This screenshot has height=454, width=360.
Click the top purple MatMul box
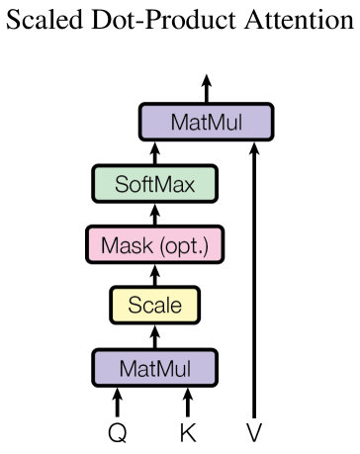coord(205,123)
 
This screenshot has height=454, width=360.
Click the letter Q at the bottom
coord(118,432)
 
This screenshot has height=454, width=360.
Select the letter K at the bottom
coord(187,432)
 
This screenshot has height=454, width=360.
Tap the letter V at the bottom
coord(256,432)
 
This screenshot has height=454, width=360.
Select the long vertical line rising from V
coord(256,287)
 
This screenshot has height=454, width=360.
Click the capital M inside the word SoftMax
coord(164,184)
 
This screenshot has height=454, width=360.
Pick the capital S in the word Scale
coord(135,305)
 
